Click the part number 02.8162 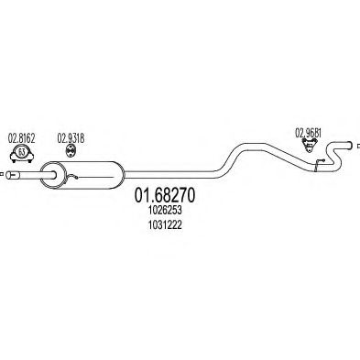tap(21, 139)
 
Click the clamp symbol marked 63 tap(21, 152)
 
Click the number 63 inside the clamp tap(21, 153)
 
